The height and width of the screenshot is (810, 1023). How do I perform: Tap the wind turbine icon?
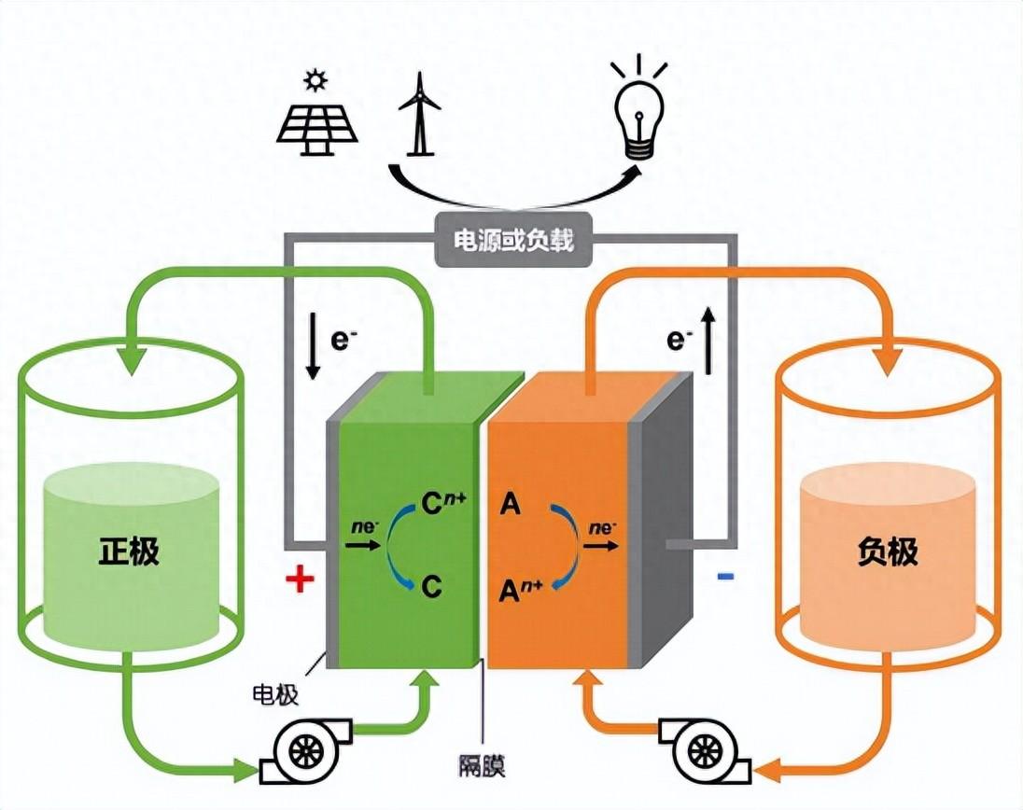pos(419,113)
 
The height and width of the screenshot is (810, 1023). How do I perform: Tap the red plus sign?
pos(300,580)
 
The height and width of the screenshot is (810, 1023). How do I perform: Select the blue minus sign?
pos(725,578)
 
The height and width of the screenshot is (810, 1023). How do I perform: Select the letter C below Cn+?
pos(431,586)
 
